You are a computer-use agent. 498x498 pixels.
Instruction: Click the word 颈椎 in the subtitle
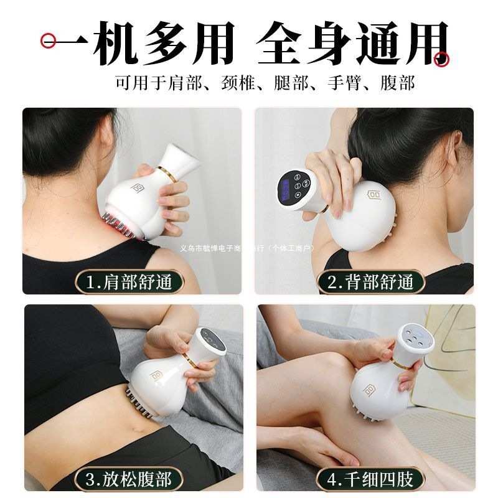pyautogui.click(x=238, y=83)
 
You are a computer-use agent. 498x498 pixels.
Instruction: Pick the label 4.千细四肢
pyautogui.click(x=370, y=479)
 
